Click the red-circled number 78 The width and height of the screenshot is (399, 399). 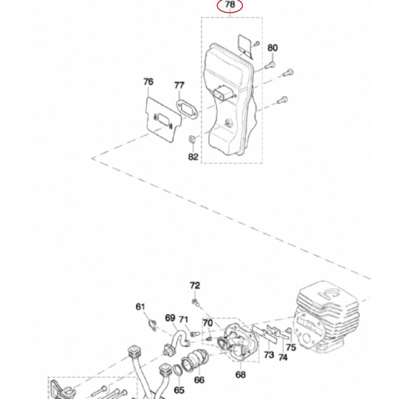230,6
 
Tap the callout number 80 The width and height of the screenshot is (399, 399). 272,48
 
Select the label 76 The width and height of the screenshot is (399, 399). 148,82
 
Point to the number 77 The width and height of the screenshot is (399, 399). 179,85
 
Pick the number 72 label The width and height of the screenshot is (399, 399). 195,285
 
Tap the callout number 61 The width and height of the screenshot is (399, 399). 141,307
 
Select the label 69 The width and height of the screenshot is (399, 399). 170,317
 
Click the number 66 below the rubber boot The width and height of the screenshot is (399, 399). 199,380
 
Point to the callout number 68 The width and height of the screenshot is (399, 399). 241,374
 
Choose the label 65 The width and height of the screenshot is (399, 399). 179,390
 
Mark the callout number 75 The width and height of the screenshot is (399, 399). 291,347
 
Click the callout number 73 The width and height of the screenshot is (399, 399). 268,355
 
